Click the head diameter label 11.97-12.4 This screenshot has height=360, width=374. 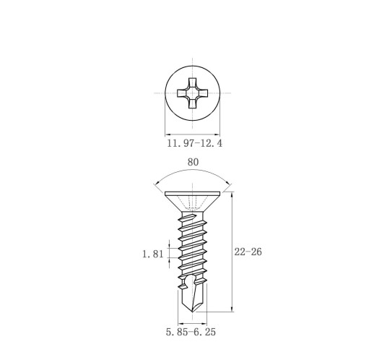click(194, 143)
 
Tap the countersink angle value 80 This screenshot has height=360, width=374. click(193, 162)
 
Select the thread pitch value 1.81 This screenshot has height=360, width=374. click(153, 254)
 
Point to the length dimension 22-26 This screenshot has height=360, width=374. click(248, 252)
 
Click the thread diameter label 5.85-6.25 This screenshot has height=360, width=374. click(191, 332)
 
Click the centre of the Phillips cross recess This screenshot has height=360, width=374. click(192, 93)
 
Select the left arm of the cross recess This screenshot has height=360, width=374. click(181, 93)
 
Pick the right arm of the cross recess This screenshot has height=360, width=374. click(204, 93)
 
